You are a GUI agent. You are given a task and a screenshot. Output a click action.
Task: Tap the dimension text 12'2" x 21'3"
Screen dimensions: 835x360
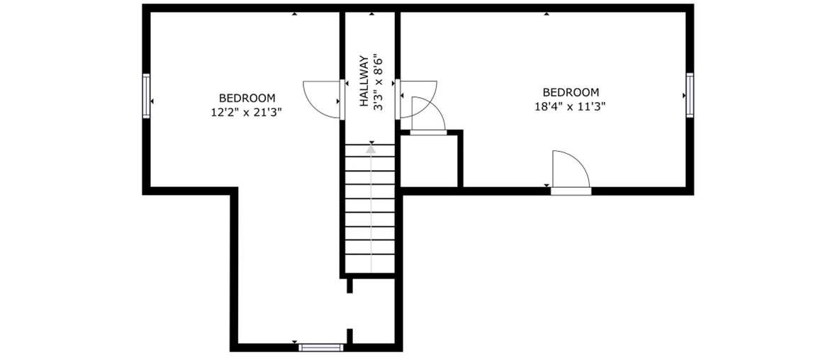[247, 112]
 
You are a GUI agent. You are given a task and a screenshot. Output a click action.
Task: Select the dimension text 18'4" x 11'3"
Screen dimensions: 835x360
[571, 106]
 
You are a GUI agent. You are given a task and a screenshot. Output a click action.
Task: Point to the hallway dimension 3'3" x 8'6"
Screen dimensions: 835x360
[378, 81]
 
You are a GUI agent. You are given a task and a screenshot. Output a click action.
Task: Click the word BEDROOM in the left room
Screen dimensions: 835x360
[247, 98]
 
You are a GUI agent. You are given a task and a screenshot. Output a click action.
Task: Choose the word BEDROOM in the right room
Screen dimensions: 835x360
[571, 92]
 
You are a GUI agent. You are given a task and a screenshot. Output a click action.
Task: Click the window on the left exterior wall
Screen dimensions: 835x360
[147, 96]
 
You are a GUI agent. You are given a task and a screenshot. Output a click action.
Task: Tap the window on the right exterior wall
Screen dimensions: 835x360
[690, 96]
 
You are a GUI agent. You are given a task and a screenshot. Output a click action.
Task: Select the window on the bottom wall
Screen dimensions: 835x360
[320, 348]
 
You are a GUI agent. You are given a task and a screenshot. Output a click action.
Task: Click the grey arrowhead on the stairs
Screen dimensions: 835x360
[371, 150]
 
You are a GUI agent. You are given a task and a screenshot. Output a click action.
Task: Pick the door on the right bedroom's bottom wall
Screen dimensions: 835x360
[571, 171]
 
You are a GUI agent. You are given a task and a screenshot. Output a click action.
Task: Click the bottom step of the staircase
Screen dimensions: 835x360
[370, 264]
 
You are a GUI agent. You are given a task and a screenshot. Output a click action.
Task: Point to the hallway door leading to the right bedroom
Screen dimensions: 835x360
[418, 99]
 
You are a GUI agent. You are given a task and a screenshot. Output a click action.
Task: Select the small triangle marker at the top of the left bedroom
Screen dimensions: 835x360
[294, 14]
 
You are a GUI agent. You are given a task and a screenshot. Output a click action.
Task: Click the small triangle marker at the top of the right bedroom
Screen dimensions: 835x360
[547, 14]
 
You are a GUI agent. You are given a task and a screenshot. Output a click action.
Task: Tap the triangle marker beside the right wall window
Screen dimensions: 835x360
[684, 96]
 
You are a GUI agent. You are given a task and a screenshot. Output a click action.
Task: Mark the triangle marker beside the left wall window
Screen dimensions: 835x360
[152, 101]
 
